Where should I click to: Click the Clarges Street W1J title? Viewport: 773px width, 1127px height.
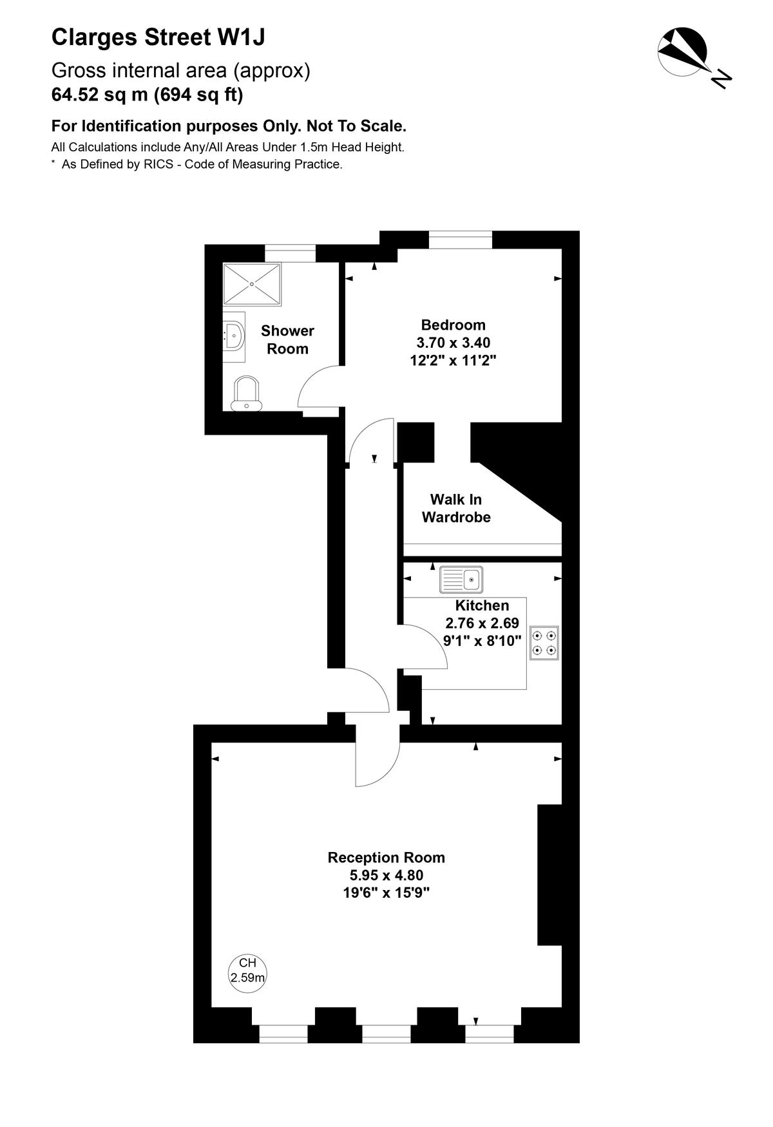coord(158,37)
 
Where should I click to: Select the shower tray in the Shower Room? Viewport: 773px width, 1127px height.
coord(253,284)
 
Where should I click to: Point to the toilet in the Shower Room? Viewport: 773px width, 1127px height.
coord(247,393)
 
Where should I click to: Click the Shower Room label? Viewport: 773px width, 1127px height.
coord(287,339)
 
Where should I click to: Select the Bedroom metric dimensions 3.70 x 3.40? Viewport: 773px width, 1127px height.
coord(453,343)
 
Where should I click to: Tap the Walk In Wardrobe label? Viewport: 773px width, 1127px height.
coord(456,508)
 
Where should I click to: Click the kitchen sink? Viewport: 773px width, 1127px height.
coord(461,580)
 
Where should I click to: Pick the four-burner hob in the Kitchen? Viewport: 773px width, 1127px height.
coord(544,643)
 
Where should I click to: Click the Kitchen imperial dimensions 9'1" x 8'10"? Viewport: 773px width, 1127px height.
coord(482,641)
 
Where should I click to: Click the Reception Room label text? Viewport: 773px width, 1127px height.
coord(386,857)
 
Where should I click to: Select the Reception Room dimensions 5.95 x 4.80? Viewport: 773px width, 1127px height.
coord(386,875)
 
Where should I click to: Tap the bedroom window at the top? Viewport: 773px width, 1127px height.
coord(461,240)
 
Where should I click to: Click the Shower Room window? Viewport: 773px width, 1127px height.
coord(291,253)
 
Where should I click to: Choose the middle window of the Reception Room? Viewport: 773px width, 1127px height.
coord(386,1034)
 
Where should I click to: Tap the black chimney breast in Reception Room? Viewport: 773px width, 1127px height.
coord(549,875)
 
